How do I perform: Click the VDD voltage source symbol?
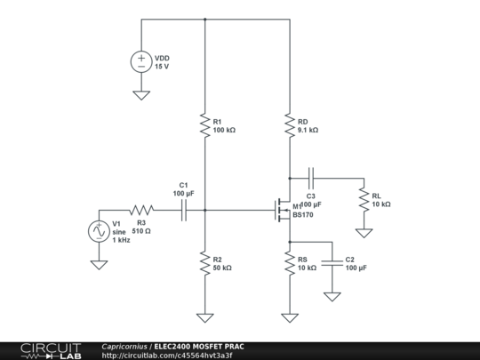(140, 61)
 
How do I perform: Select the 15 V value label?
(162, 67)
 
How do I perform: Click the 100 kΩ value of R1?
(225, 130)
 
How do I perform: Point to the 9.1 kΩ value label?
(308, 130)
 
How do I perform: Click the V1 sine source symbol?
(98, 231)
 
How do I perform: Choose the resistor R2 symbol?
(204, 262)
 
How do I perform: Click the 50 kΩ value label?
(223, 268)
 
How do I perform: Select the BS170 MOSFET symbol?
(283, 211)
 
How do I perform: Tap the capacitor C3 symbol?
(312, 175)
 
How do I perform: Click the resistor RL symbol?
(363, 199)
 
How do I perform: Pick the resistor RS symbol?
(289, 262)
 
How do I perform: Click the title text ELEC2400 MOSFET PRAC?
(197, 346)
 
